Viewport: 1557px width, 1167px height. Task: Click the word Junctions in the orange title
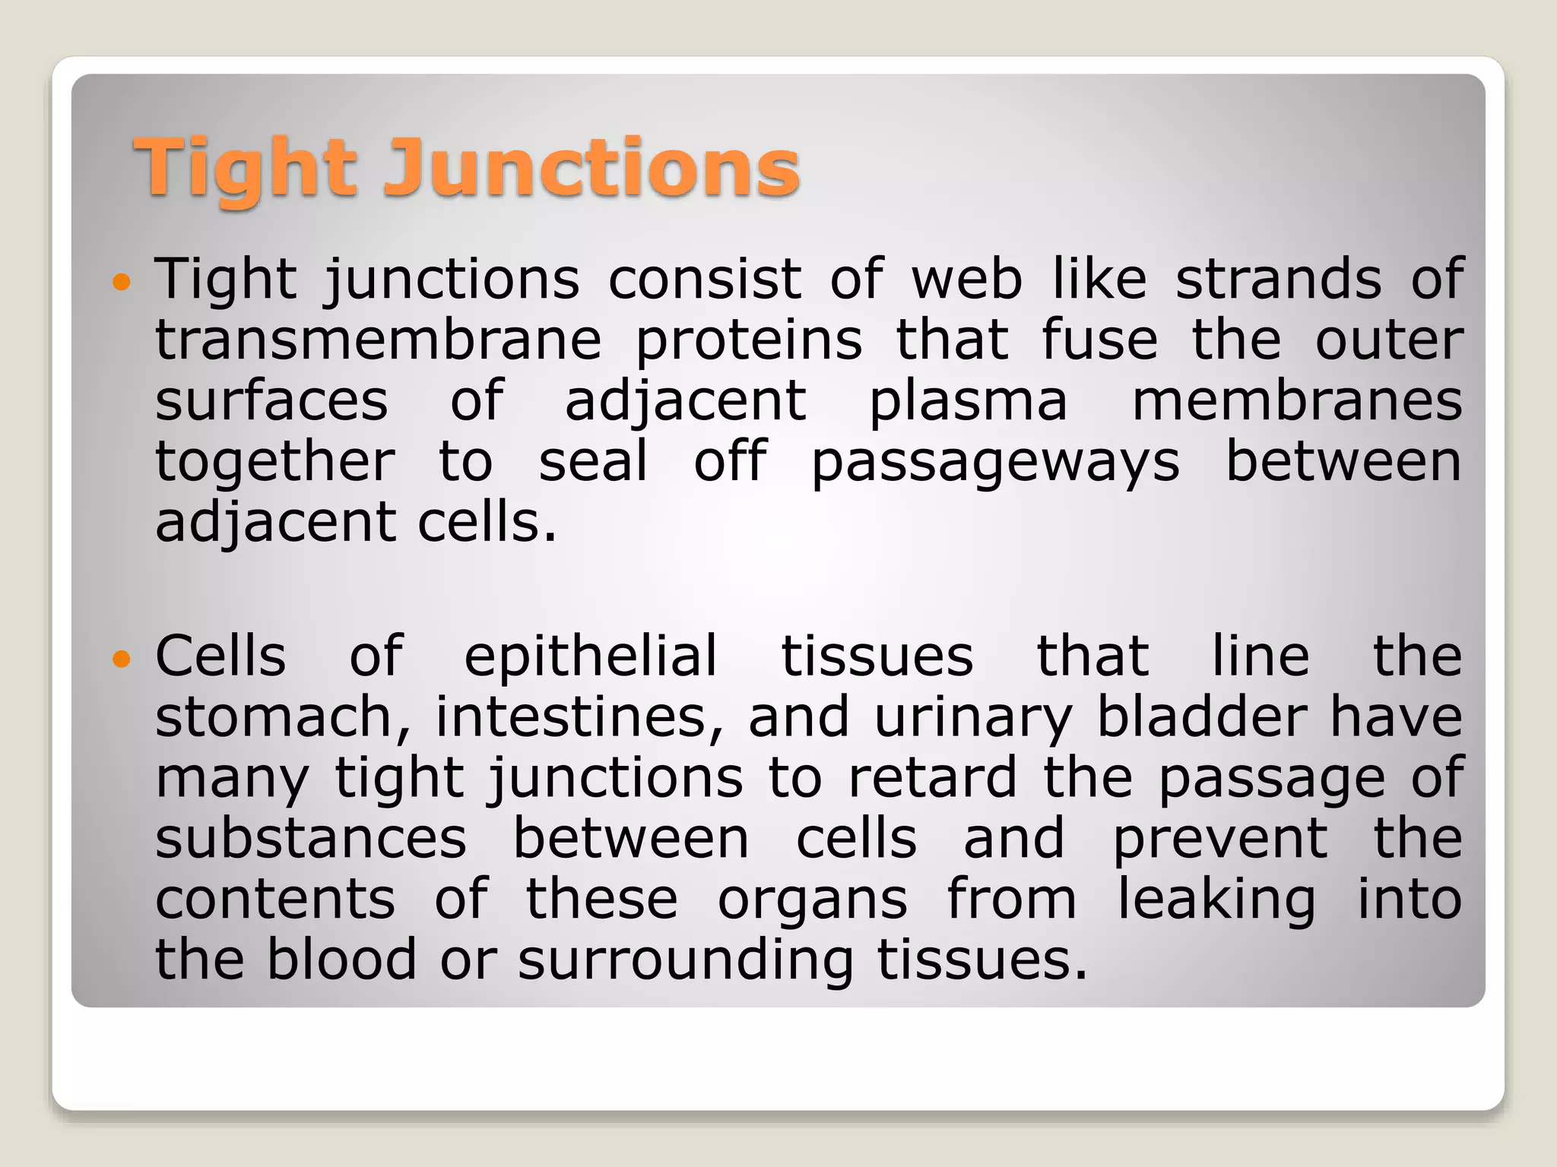(591, 167)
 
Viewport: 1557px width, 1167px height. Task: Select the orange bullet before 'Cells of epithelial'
(122, 658)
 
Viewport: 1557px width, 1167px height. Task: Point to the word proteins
(749, 342)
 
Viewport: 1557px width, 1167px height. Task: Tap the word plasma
(968, 403)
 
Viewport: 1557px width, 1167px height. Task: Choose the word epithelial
(591, 657)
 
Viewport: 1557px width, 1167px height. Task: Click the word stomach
(283, 717)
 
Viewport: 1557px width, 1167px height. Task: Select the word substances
(311, 839)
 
